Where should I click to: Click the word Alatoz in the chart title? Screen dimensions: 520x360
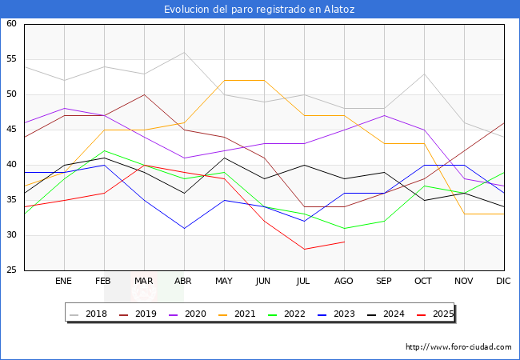pos(339,10)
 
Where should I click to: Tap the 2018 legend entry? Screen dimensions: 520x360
pos(89,314)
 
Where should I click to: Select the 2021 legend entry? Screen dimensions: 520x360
pos(237,314)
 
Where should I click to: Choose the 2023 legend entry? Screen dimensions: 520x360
pos(336,314)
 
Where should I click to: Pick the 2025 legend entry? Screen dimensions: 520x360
pos(435,314)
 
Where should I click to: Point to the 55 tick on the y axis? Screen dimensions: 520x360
pos(11,59)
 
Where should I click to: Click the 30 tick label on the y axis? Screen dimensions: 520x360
pos(11,234)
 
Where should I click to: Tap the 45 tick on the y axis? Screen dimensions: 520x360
pos(11,130)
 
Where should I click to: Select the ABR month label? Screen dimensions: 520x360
pos(183,281)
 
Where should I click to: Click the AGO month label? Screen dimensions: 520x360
pos(343,281)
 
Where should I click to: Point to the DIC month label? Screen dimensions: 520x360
pos(503,281)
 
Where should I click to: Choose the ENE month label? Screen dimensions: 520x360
pos(63,281)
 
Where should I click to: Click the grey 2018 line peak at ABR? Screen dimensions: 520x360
pos(184,52)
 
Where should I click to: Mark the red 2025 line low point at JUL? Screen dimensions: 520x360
pos(305,250)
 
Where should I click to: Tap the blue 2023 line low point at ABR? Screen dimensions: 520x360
pos(184,228)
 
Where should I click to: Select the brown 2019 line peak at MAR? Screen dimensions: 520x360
pos(144,95)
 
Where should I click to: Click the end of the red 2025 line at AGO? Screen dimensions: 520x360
pos(345,242)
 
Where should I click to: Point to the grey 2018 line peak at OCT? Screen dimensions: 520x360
pos(425,74)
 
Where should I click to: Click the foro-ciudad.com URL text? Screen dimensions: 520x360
pos(458,347)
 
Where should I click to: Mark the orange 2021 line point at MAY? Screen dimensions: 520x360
pos(225,81)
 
